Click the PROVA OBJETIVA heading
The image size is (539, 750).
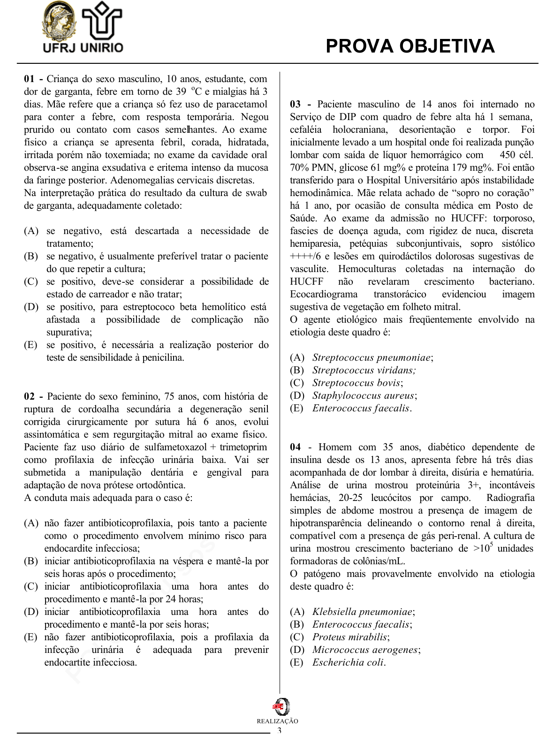[410, 46]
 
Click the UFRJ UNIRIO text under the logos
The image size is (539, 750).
[83, 47]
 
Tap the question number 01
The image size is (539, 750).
[29, 79]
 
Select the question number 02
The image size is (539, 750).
[29, 396]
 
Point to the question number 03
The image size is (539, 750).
[295, 104]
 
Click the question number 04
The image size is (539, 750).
[295, 447]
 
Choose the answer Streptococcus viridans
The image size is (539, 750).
[364, 370]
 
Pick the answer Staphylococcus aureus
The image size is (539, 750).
[364, 395]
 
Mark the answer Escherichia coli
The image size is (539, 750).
[349, 662]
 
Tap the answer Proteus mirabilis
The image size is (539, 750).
[350, 637]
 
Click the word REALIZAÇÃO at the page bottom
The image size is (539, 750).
[277, 721]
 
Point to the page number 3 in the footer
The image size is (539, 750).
[280, 730]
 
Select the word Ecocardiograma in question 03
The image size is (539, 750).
[323, 294]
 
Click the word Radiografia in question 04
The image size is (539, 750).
[510, 498]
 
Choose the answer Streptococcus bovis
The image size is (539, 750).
[357, 383]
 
